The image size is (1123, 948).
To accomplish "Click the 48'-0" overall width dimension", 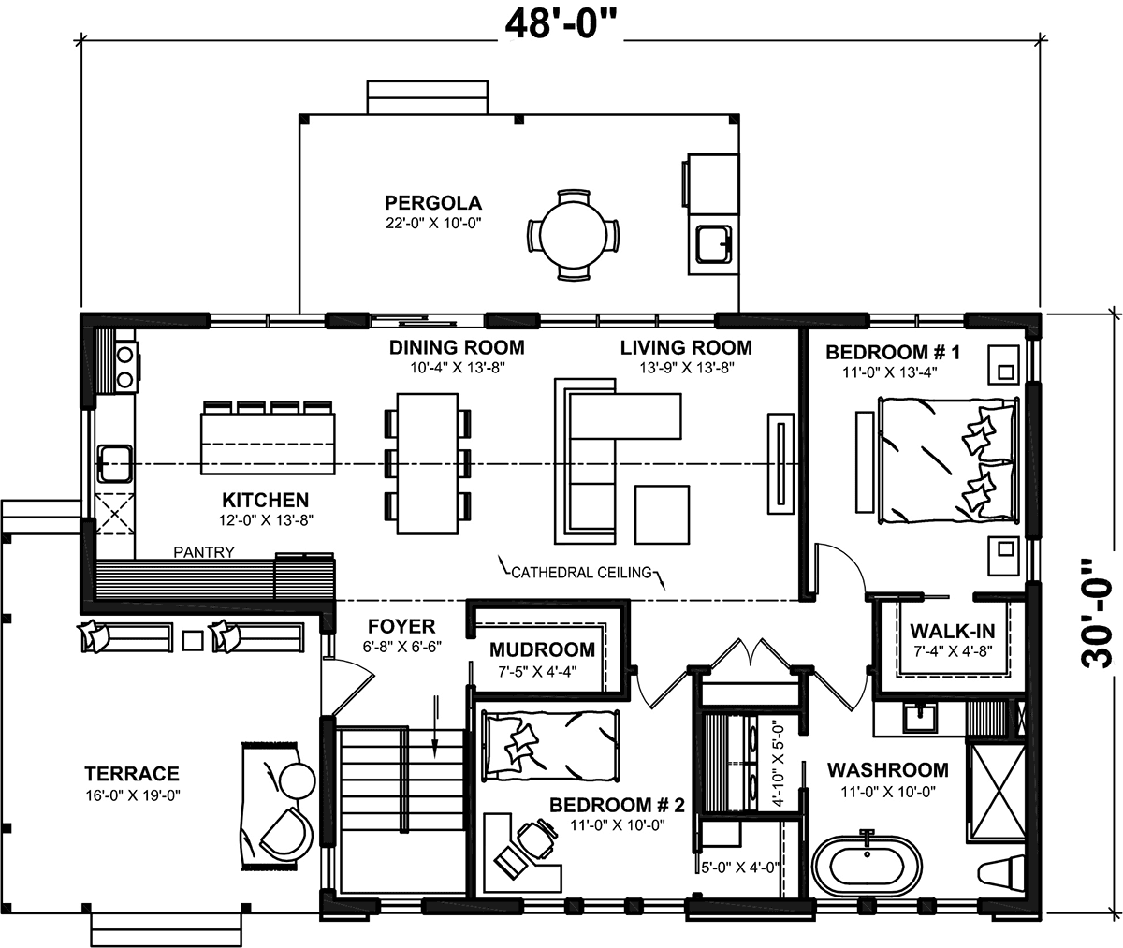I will (562, 22).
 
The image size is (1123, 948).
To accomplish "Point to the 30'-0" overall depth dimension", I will (1098, 614).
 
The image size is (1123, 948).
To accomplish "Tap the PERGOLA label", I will (432, 202).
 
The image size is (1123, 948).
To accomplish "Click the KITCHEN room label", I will (265, 500).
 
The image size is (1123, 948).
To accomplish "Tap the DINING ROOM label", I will (457, 348).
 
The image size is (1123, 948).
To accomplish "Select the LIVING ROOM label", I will (685, 348).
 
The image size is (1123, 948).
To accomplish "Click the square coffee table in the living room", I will (663, 514).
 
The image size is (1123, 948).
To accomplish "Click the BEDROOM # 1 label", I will (894, 353).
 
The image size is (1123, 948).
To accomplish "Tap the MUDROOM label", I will (542, 649).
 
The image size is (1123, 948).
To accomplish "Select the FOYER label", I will (401, 626).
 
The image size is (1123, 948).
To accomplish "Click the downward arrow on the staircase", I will (435, 725).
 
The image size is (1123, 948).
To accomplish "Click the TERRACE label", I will (131, 774).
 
